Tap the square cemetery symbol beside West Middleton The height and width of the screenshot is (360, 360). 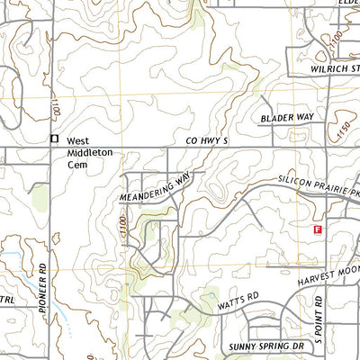[x=54, y=139]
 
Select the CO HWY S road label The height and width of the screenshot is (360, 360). [x=209, y=141]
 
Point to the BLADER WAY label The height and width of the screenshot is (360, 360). [x=286, y=118]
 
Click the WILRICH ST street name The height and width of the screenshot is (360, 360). [x=320, y=67]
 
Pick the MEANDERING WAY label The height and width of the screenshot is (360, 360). [x=154, y=188]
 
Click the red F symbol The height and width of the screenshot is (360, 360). [x=317, y=229]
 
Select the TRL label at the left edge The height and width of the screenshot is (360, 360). [x=6, y=300]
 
